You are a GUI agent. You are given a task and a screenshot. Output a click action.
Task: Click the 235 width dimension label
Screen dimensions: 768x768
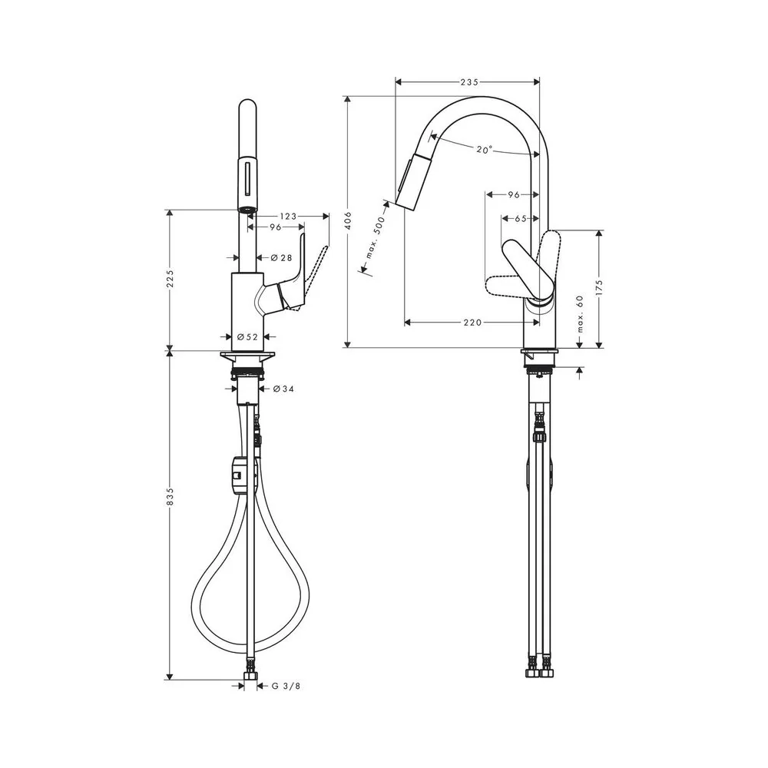click(468, 82)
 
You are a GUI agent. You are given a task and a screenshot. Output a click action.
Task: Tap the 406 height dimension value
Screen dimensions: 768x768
click(349, 220)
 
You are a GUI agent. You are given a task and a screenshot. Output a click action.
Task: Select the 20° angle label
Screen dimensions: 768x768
click(484, 150)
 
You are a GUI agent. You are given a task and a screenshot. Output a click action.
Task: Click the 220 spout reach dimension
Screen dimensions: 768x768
click(472, 323)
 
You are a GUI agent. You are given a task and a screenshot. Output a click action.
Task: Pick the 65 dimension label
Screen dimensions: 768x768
click(520, 218)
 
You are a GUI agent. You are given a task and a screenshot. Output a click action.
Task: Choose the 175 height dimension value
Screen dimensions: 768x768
click(600, 289)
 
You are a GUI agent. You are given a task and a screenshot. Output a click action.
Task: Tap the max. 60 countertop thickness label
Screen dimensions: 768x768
click(581, 314)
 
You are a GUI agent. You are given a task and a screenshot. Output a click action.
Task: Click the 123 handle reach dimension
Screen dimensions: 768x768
click(288, 216)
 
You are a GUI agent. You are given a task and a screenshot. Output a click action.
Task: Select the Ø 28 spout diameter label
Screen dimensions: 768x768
click(280, 257)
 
